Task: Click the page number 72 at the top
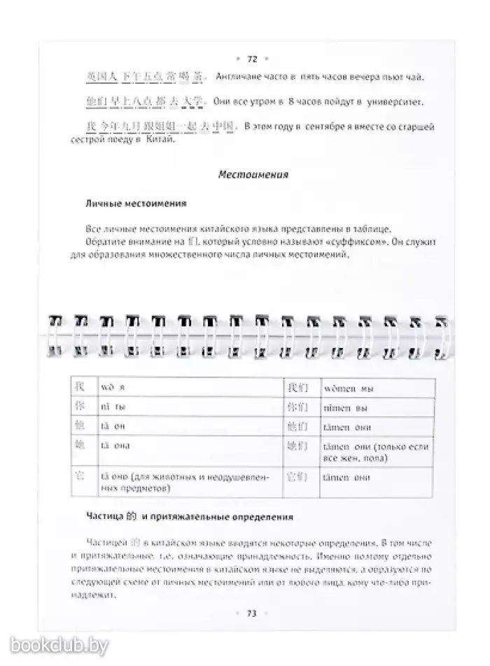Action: click(x=253, y=60)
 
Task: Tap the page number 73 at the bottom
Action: click(x=252, y=613)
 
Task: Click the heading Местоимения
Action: click(x=253, y=174)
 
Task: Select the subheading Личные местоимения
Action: click(x=135, y=204)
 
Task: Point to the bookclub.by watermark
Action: click(x=55, y=644)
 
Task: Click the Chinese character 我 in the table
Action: click(x=80, y=387)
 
